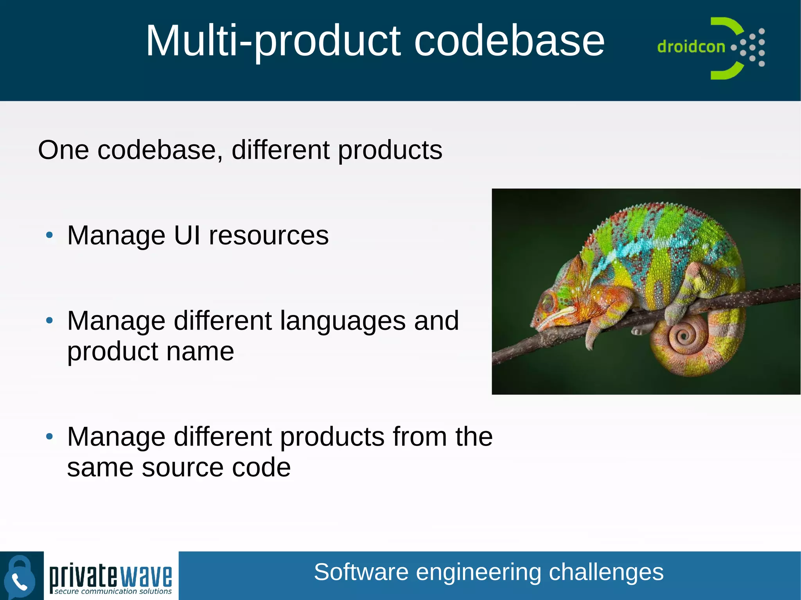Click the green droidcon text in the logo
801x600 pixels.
coord(691,47)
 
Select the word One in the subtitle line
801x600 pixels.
coord(63,150)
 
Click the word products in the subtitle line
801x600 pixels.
coord(390,151)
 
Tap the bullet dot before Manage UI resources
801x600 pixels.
coord(49,235)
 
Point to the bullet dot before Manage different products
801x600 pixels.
coord(49,437)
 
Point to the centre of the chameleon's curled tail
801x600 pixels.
coord(684,335)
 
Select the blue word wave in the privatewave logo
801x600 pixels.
coord(145,576)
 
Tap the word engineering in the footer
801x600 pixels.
coord(478,572)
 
